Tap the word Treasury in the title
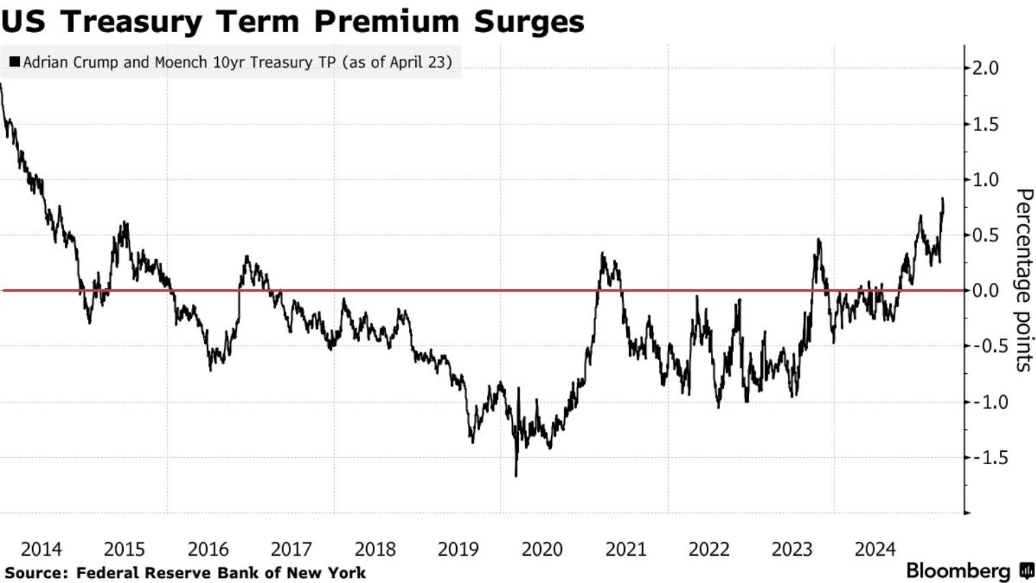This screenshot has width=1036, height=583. (132, 21)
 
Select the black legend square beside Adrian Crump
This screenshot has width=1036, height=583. (14, 62)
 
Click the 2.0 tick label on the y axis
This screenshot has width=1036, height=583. (985, 68)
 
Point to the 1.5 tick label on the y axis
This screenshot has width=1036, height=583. (985, 124)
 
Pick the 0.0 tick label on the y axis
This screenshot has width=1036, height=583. (985, 291)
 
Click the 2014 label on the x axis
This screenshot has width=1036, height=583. (41, 550)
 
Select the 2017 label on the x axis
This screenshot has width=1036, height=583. (291, 550)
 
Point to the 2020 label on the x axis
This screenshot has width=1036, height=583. (542, 550)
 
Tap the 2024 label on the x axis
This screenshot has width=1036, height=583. (875, 550)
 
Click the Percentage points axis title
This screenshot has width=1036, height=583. (1023, 280)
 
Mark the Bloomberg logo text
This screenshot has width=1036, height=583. (958, 571)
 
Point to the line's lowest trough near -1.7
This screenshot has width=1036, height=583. (516, 475)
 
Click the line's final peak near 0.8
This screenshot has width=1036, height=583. (942, 199)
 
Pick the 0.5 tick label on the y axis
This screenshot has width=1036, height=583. (985, 236)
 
